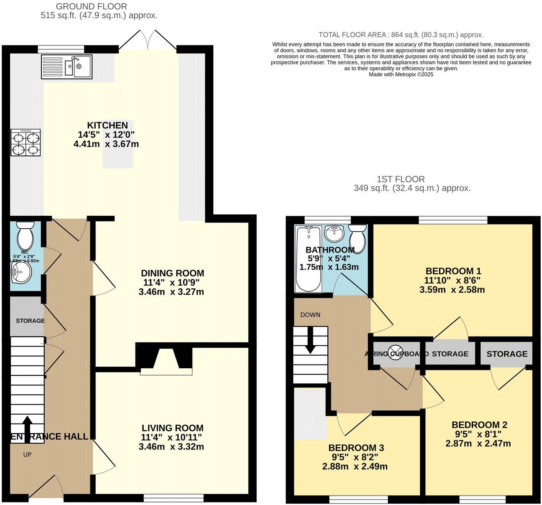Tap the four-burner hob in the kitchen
coord(26,143)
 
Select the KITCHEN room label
coord(107,125)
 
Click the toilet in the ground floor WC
coord(26,235)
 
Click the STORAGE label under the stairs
coord(30,321)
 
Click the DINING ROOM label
coord(172,273)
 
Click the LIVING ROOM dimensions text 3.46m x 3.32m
coord(172,446)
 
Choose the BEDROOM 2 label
coord(479,425)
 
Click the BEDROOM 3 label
coord(356,448)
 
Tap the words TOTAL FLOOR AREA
coord(352,35)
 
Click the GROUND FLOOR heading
coord(91,6)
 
